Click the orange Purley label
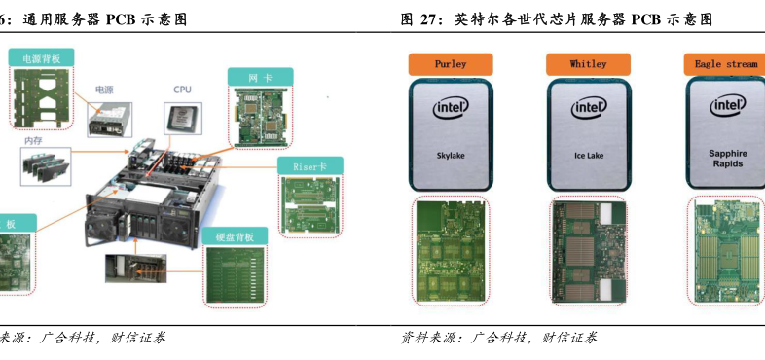[451, 64]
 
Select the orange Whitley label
[588, 64]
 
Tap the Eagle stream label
[725, 64]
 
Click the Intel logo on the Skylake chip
[451, 108]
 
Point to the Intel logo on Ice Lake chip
[589, 108]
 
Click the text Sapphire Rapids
[727, 159]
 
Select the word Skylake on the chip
[451, 156]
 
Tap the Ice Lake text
[589, 156]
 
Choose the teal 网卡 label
[261, 78]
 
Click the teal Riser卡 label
[310, 166]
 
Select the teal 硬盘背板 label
[235, 237]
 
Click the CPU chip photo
[183, 118]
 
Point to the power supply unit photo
[110, 119]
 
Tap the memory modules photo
[46, 166]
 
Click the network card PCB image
[260, 117]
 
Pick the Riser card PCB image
[310, 205]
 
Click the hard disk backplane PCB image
[236, 275]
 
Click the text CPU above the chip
[182, 90]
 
